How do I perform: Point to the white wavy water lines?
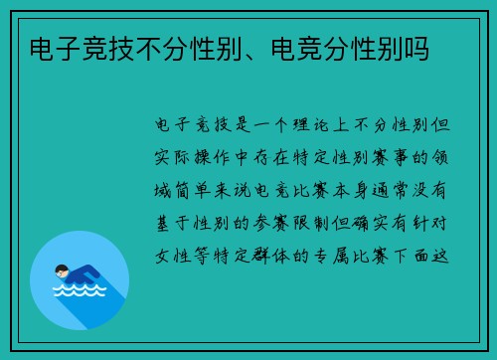pos(78,293)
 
